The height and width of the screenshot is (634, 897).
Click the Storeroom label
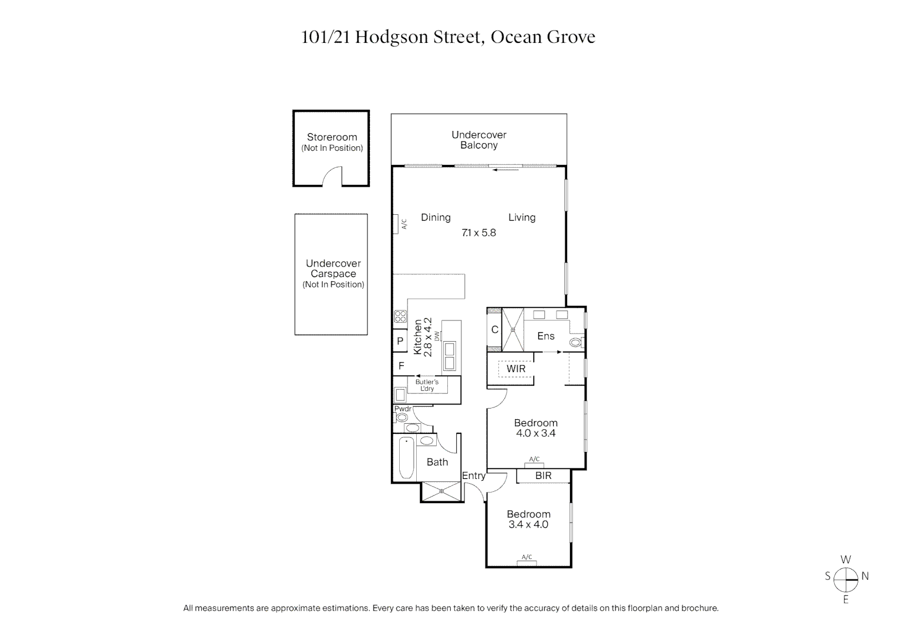pos(332,137)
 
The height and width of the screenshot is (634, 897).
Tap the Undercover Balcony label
pos(478,140)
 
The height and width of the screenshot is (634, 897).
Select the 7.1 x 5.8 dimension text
pos(478,232)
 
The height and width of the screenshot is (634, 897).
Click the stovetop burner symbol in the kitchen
pos(400,316)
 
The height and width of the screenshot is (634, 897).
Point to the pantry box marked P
pos(400,341)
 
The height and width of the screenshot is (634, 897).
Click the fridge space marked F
pos(402,366)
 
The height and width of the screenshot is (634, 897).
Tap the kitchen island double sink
pos(450,356)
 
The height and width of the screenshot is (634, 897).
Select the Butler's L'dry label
pos(427,385)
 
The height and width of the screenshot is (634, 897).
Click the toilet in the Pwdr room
pos(402,418)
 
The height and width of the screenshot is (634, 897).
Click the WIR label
pos(516,369)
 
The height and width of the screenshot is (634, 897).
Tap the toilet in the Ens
pos(575,342)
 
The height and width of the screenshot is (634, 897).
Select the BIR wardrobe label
pos(543,475)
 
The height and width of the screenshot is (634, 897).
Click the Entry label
pos(473,475)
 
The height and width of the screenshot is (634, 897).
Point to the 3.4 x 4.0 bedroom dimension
pos(528,524)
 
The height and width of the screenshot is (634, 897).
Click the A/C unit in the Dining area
pos(397,224)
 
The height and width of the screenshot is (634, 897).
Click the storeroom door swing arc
pos(332,175)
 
